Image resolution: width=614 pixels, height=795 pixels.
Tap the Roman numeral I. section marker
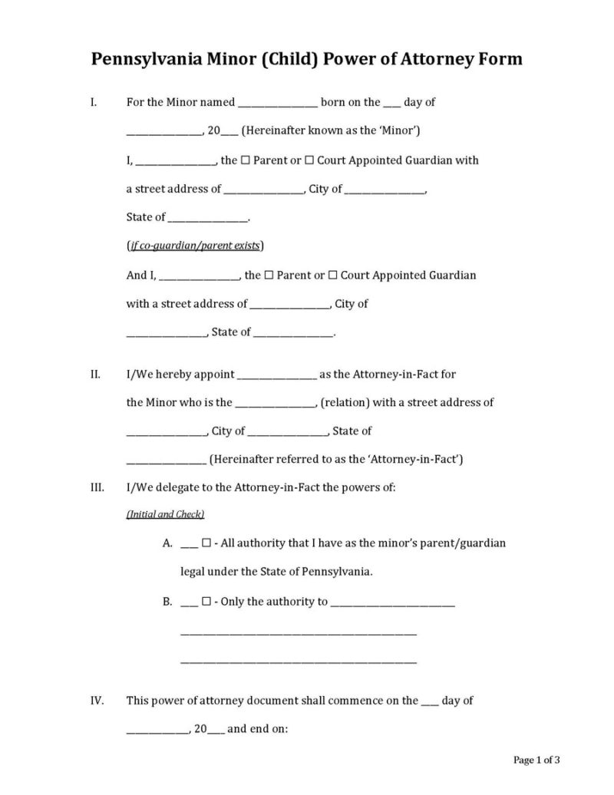click(x=93, y=102)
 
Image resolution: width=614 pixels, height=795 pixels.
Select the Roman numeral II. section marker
click(x=95, y=374)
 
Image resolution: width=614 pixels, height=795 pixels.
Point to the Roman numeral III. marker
click(x=97, y=488)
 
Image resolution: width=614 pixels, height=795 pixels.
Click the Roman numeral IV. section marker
click(x=97, y=701)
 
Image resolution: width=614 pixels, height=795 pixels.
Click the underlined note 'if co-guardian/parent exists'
click(x=195, y=246)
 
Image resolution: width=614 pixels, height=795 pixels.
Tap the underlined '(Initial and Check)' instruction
click(x=165, y=514)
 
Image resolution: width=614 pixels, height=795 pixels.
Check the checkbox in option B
click(x=206, y=602)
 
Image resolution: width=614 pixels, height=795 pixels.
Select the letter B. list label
click(x=167, y=602)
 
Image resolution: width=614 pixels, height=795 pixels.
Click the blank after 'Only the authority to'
click(x=392, y=603)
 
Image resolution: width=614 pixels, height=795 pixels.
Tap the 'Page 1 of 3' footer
click(x=536, y=760)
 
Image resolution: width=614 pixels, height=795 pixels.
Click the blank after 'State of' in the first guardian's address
click(x=208, y=219)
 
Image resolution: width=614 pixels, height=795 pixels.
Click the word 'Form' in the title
click(x=499, y=59)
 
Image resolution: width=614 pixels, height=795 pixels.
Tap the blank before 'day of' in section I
click(x=391, y=104)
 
